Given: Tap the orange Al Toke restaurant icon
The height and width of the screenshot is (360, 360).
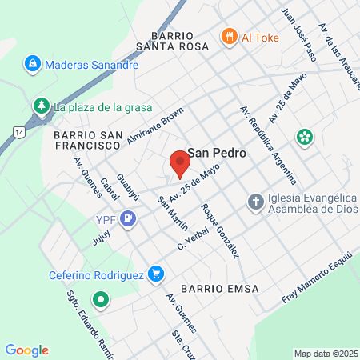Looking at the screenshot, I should (230, 36).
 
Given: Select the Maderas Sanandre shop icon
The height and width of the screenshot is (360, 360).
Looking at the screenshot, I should (33, 62).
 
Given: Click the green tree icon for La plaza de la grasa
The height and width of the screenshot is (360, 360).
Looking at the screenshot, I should (41, 106).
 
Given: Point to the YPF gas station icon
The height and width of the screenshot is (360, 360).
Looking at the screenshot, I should (128, 218).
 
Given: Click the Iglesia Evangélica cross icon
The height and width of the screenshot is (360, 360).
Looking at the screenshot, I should (254, 201).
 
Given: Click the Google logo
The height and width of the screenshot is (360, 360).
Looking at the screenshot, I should (26, 350).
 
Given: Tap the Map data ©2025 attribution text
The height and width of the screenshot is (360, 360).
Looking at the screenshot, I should (325, 354).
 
